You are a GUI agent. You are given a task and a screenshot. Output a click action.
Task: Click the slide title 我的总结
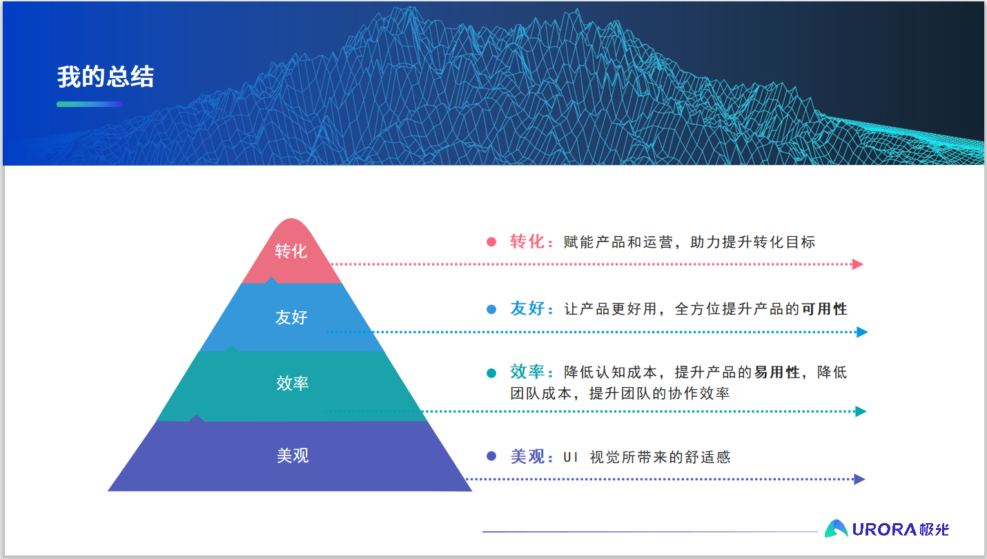click(x=106, y=77)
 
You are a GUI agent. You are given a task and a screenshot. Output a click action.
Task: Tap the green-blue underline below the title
click(x=90, y=104)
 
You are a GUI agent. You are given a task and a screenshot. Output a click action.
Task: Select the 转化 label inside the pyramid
click(x=291, y=251)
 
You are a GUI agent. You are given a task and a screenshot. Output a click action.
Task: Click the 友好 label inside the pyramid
click(x=291, y=317)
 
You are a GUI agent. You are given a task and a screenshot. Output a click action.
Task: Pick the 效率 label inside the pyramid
click(x=292, y=383)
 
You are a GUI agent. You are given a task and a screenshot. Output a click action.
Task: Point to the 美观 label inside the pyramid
click(x=293, y=455)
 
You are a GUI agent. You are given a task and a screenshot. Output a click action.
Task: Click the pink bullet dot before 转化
click(x=491, y=242)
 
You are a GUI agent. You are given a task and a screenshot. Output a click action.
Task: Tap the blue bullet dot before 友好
click(x=491, y=309)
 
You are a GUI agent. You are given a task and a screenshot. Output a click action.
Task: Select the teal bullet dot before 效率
click(x=491, y=373)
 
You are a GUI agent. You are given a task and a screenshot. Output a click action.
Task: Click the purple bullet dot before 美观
click(x=491, y=456)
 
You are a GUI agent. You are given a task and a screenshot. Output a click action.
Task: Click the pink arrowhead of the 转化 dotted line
click(x=857, y=264)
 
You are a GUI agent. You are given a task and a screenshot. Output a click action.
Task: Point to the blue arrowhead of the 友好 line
click(x=862, y=332)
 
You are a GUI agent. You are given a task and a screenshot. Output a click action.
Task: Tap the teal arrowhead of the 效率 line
click(x=861, y=411)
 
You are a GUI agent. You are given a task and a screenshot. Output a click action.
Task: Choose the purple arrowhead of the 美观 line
click(x=860, y=479)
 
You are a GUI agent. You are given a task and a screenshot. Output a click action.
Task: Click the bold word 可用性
click(x=824, y=308)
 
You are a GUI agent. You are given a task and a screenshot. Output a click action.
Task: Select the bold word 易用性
click(x=776, y=372)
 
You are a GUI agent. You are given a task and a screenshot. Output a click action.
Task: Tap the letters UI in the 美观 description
click(x=570, y=458)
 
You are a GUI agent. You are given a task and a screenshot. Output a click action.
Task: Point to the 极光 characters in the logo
click(x=934, y=529)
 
